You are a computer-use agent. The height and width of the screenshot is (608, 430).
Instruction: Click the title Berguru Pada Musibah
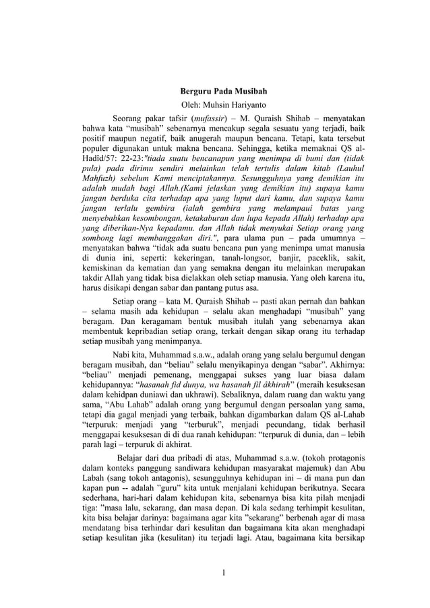tap(214, 91)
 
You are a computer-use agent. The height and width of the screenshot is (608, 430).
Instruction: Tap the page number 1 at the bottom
tap(215, 572)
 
